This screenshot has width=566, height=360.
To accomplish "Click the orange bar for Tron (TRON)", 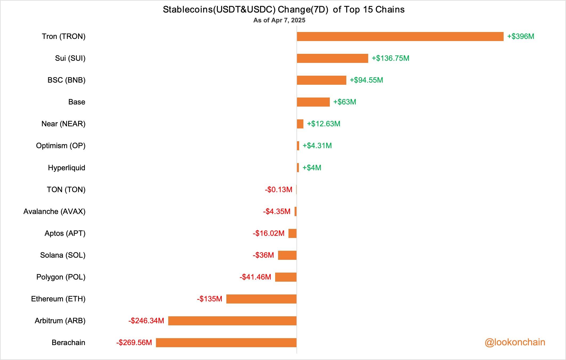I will (400, 37).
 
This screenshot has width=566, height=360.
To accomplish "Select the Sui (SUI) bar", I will (332, 58).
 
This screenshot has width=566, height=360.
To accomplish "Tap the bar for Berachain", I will (226, 343).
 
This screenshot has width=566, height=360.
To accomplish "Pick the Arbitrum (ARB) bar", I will (232, 321).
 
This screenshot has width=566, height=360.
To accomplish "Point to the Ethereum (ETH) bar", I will (261, 299).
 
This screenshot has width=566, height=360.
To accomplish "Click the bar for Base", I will (313, 102).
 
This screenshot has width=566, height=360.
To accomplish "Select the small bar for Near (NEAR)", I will (300, 124).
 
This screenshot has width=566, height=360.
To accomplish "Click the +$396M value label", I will (520, 37).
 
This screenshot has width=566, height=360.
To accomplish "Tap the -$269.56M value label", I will (134, 343).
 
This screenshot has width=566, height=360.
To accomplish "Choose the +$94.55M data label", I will (366, 80).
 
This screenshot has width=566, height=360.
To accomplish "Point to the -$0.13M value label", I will (279, 190).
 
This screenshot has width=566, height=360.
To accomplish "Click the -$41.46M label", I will (255, 277).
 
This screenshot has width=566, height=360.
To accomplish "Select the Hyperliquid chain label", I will (67, 168).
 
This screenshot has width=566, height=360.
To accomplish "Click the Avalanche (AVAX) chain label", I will (54, 212).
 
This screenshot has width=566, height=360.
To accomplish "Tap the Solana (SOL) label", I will (63, 255).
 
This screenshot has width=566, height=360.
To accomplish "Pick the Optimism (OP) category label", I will (61, 146).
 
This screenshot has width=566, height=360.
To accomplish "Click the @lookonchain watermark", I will (515, 342).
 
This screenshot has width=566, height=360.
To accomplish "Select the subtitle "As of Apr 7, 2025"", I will (279, 21).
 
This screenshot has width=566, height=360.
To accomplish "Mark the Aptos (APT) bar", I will (292, 233).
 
